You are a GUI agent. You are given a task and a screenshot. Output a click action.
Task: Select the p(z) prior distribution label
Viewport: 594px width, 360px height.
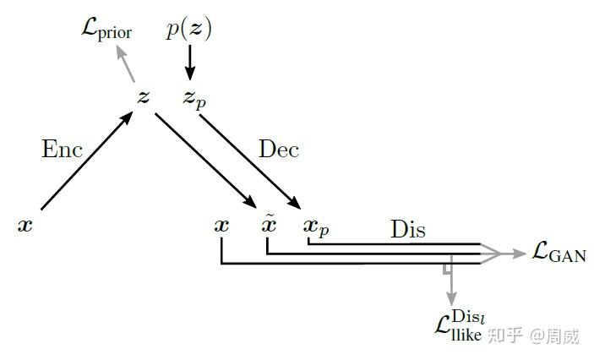[x=189, y=30]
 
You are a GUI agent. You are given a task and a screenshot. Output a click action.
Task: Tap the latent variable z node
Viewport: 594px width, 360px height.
[x=144, y=97]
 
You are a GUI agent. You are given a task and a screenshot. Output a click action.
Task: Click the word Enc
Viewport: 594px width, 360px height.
[x=63, y=150]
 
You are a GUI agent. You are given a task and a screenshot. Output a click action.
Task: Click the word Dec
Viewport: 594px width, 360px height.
[x=279, y=150]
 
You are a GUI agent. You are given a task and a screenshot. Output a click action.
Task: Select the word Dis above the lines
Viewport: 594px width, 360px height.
[x=408, y=229]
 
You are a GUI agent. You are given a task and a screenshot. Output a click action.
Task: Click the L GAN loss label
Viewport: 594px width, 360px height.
[x=559, y=252]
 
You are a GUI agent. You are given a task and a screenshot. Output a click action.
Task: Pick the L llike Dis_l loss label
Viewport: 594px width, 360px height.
[x=458, y=325]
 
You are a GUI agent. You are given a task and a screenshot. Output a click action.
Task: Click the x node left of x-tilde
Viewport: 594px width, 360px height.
[x=221, y=226]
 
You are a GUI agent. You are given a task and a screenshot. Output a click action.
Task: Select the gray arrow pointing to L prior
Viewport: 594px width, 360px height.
[x=126, y=63]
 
